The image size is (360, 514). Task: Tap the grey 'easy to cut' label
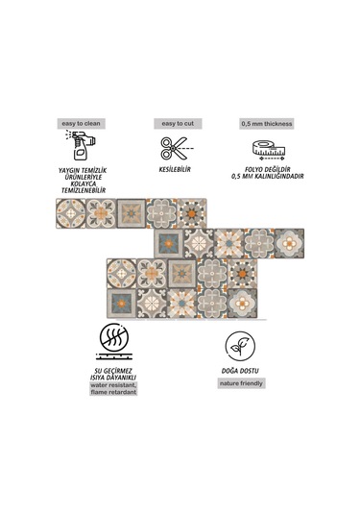[175, 124]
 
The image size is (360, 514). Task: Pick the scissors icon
[175, 149]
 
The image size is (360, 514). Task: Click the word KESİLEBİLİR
[175, 171]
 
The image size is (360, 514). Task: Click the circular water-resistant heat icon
[117, 343]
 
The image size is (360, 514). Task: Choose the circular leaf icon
[232, 345]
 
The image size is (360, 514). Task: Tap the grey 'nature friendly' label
[232, 383]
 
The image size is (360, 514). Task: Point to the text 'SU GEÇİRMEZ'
[116, 369]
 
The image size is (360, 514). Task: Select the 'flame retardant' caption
[116, 392]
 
